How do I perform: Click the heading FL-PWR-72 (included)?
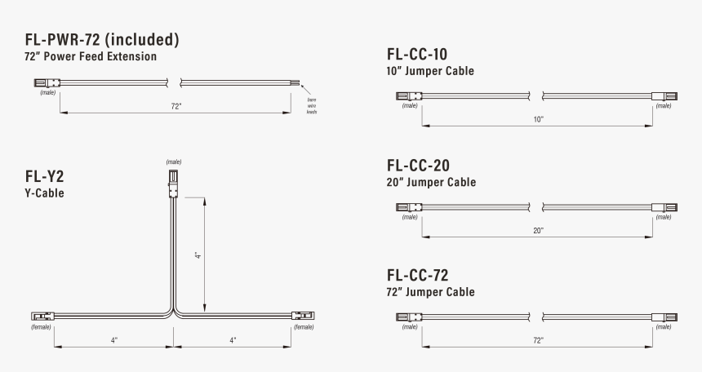click(102, 39)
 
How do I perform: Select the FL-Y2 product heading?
click(45, 176)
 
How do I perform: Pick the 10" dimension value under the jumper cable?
click(538, 119)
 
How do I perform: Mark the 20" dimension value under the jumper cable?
click(538, 231)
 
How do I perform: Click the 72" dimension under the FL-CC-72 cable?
click(538, 339)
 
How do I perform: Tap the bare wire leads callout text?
click(311, 104)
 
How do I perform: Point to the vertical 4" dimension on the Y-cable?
click(198, 255)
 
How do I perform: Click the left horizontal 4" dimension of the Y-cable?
click(114, 339)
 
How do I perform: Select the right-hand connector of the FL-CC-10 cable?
click(664, 96)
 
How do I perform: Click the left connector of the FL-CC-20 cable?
click(407, 207)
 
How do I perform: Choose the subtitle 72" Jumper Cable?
click(430, 292)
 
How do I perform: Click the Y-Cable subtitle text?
click(44, 194)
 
